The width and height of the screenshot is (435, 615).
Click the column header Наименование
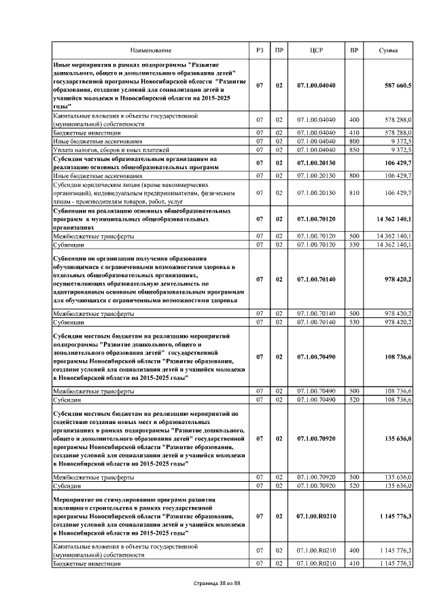click(152, 51)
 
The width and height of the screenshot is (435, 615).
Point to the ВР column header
click(353, 51)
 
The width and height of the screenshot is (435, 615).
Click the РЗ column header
click(259, 51)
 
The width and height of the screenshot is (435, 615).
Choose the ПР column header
click(279, 51)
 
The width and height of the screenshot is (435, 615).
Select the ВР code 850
click(353, 149)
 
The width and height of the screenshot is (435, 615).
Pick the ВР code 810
click(353, 193)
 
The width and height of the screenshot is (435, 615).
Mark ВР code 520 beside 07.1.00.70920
click(353, 486)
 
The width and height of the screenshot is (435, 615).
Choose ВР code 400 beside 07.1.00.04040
click(353, 120)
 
